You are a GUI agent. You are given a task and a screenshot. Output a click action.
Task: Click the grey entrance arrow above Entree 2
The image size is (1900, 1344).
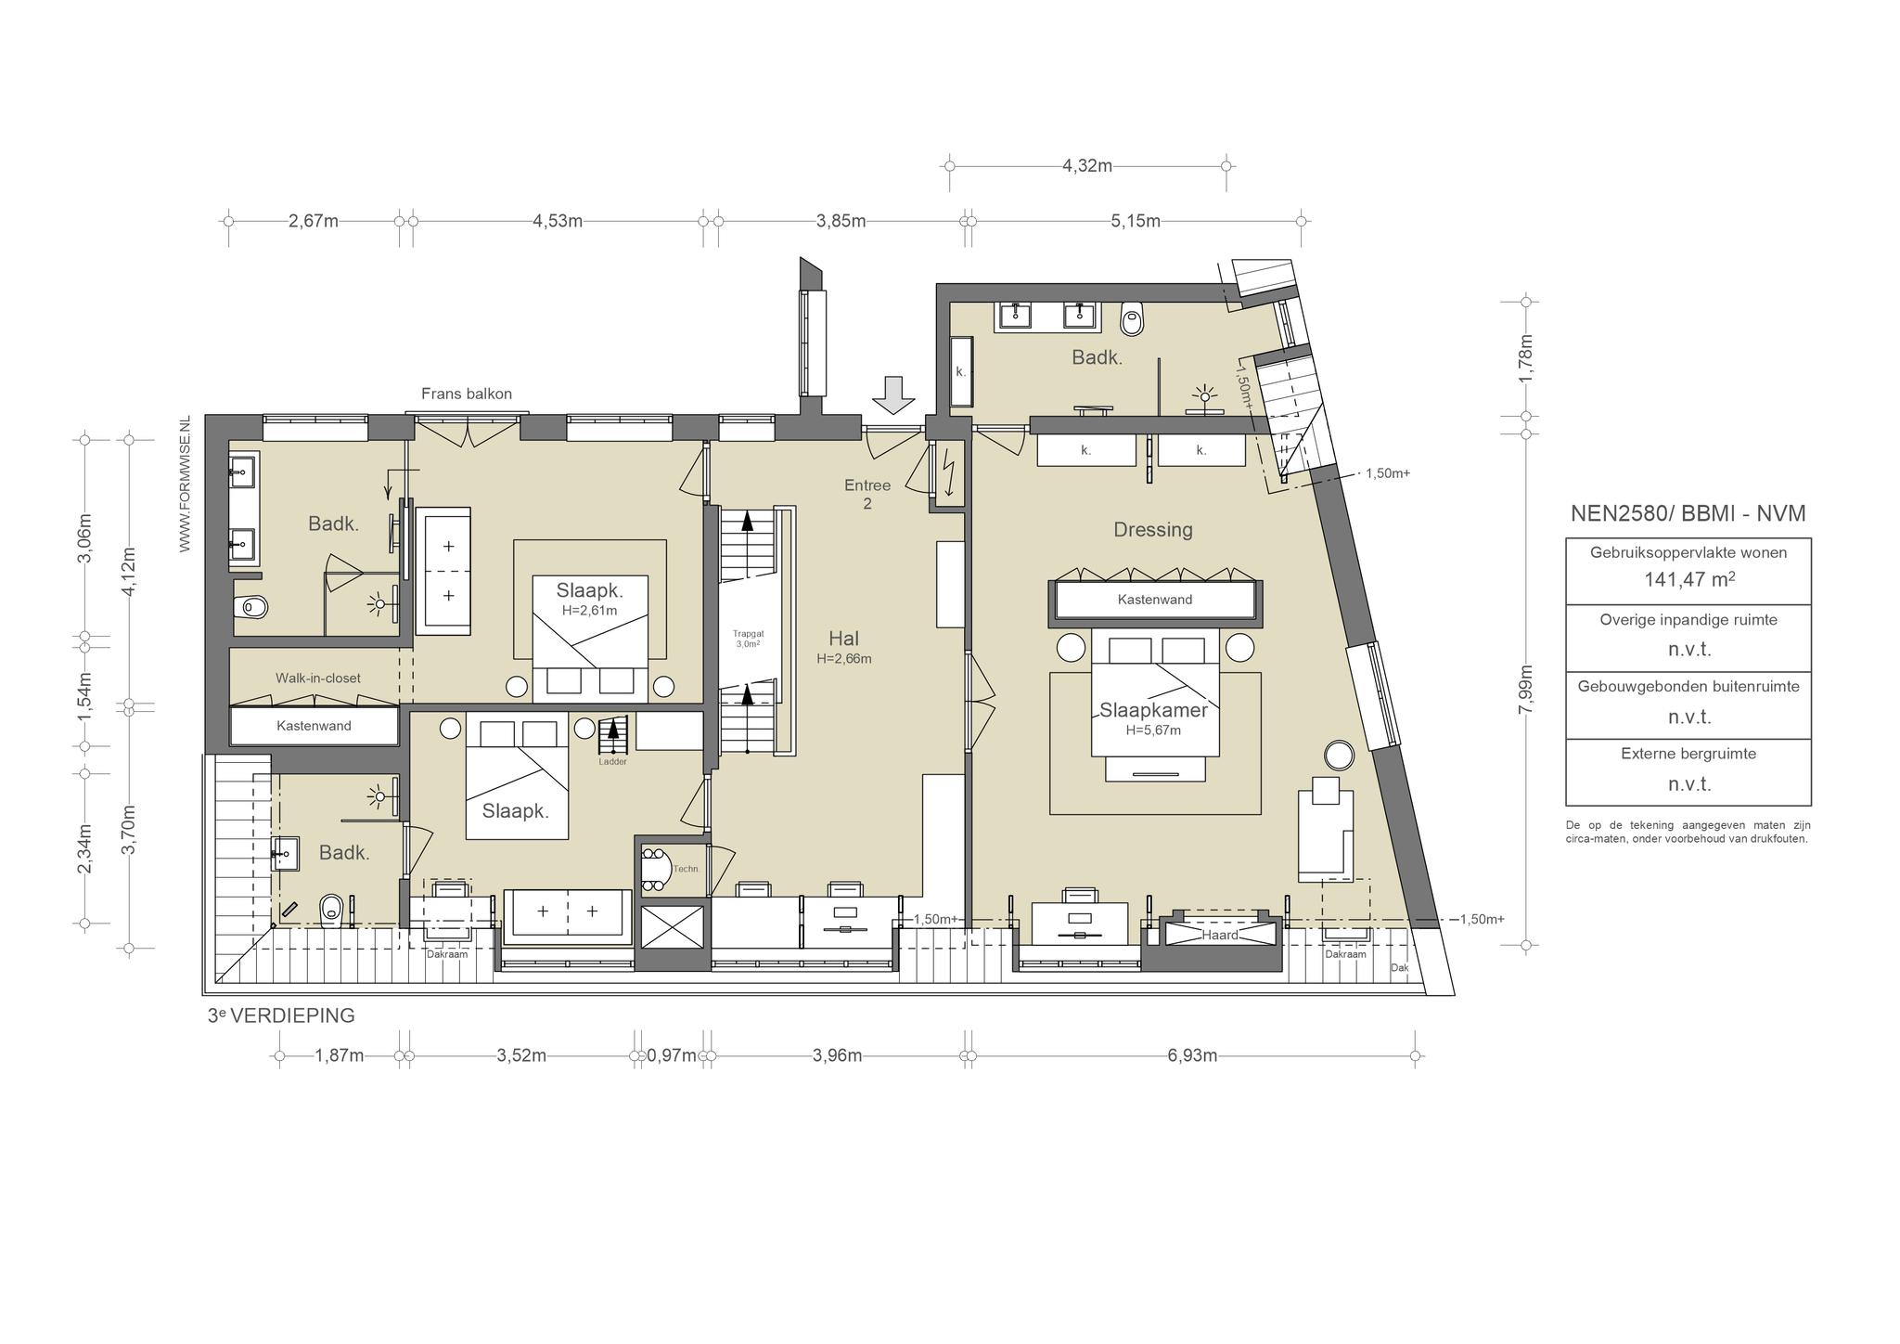point(893,394)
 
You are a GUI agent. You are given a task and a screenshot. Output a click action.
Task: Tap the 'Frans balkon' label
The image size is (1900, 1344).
point(467,394)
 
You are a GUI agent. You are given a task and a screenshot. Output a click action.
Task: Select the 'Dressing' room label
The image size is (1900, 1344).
point(1153,530)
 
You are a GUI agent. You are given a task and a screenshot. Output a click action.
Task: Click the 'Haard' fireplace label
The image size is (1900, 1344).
point(1220,935)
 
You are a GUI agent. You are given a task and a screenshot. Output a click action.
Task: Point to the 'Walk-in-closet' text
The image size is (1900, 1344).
point(318,678)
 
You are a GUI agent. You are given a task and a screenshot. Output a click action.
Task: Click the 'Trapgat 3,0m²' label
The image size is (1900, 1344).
point(748,639)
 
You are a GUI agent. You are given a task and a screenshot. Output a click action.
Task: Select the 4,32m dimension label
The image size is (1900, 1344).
point(1087,166)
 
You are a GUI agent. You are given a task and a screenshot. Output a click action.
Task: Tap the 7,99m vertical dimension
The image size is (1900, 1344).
point(1525,690)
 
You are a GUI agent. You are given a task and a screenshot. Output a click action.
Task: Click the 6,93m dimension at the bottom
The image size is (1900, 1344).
point(1191,1055)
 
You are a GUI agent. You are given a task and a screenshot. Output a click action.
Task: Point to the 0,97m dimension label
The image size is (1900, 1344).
point(672,1055)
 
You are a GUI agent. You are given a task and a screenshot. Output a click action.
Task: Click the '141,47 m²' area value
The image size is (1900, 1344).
point(1688,579)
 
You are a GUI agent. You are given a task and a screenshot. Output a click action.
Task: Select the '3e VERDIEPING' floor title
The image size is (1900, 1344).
point(281,1015)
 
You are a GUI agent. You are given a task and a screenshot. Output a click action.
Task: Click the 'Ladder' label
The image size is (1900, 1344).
point(613,761)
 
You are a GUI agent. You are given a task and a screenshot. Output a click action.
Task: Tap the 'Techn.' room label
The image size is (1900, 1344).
point(687,869)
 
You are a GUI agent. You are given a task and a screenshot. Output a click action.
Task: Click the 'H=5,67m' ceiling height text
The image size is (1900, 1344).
point(1153,730)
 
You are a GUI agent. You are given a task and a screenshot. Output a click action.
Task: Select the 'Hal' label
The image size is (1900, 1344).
point(843,639)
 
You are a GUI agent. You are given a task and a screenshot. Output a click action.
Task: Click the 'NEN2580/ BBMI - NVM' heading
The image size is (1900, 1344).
point(1688,513)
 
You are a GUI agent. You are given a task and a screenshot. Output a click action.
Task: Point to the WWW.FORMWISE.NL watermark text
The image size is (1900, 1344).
point(185,484)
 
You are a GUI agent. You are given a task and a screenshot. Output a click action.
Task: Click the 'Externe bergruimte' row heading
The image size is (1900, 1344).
point(1688,754)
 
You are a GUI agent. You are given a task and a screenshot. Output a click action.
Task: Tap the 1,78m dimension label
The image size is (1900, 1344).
point(1525,358)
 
